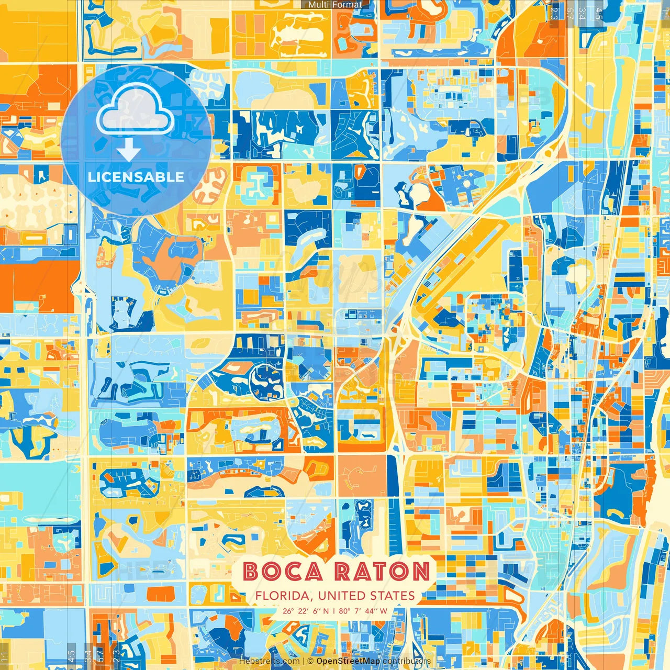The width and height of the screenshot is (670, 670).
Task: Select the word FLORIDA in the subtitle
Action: click(x=282, y=596)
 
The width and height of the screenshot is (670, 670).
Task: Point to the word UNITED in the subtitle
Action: click(x=341, y=596)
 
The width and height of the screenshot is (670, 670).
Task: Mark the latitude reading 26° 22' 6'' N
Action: click(x=306, y=611)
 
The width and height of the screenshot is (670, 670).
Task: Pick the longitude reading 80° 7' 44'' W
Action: click(x=363, y=611)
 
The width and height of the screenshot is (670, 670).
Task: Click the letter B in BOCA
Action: click(x=252, y=572)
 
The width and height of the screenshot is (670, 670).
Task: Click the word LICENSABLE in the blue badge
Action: click(x=136, y=177)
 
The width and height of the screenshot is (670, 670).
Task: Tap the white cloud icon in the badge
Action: click(x=136, y=108)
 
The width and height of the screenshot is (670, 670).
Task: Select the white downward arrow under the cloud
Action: click(x=129, y=151)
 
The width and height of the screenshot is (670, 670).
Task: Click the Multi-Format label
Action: click(x=335, y=5)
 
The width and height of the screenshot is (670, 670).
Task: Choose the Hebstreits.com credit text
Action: click(x=270, y=661)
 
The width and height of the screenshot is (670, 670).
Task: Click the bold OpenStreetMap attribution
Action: click(x=348, y=661)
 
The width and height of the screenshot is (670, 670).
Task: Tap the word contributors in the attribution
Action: click(x=407, y=661)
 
